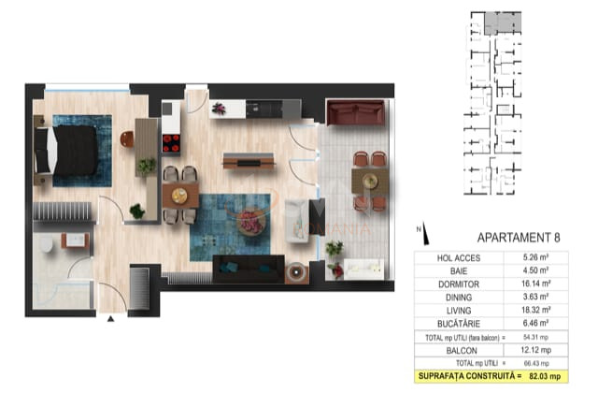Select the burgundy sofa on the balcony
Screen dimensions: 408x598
point(356,115)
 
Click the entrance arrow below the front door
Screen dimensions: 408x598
point(112,320)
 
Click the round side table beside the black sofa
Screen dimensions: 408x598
point(298,273)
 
